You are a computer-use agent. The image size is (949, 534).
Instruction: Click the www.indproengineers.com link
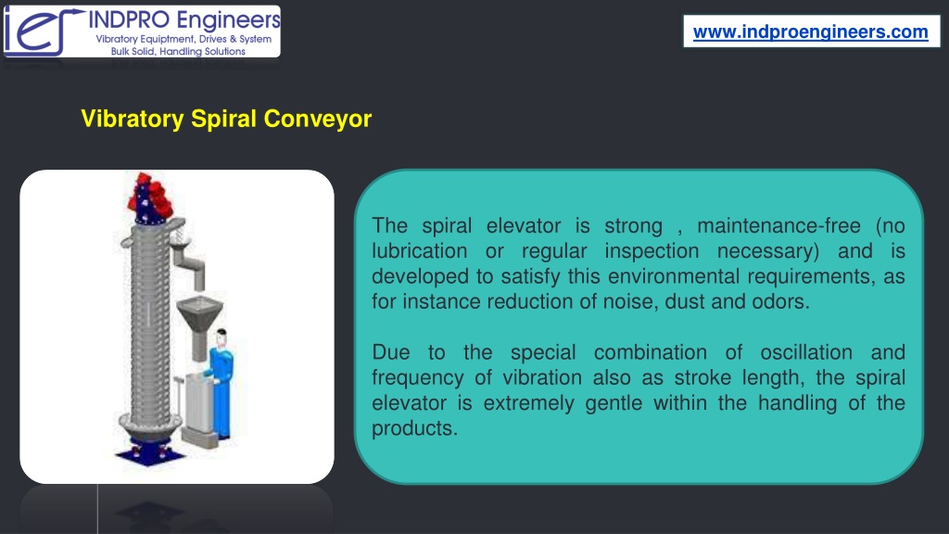click(810, 32)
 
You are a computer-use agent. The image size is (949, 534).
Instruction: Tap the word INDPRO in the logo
click(129, 19)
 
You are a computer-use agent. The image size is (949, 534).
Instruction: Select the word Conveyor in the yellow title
click(318, 119)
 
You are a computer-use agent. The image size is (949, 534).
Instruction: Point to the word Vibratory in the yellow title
click(133, 119)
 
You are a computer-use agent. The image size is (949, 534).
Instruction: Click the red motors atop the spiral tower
click(149, 196)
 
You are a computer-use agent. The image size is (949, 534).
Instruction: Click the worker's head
click(221, 337)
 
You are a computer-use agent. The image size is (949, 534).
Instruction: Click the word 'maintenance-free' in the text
click(778, 226)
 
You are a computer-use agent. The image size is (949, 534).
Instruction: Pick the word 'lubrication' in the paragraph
click(420, 251)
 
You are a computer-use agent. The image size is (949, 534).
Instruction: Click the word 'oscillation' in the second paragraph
click(806, 352)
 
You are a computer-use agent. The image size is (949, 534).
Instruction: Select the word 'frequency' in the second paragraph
click(418, 378)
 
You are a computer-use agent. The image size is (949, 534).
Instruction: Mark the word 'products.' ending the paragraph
click(414, 429)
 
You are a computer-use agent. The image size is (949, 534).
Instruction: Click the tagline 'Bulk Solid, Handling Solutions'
click(178, 52)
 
